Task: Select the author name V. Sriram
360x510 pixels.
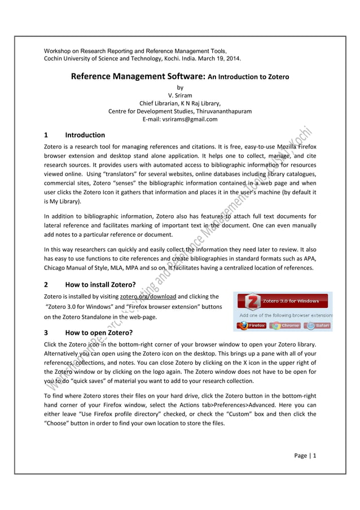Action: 180,95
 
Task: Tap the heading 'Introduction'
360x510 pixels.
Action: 85,135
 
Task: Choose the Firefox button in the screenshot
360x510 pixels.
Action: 252,326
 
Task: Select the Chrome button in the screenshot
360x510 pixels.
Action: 285,326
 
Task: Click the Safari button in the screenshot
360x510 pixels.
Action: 318,326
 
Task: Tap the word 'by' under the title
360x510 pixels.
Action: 180,88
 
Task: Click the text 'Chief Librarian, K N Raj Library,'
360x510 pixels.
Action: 180,103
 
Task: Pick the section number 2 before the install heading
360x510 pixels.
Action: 46,285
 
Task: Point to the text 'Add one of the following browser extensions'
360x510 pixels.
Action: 286,315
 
